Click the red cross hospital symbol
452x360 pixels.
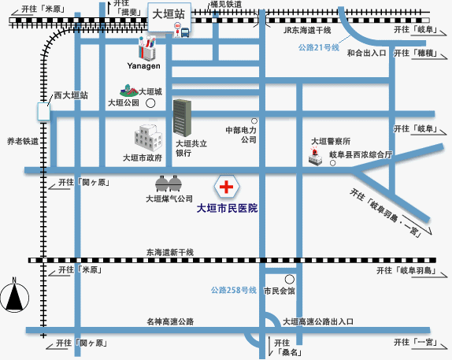coord(226,187)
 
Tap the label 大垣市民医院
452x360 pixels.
coord(227,209)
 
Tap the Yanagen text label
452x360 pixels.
coord(144,66)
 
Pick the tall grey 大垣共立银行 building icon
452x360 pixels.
coord(183,117)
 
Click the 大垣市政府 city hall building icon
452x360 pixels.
coord(146,138)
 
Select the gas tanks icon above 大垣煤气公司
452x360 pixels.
coord(169,184)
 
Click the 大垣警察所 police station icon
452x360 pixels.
coord(315,156)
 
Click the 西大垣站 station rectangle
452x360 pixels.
coord(43,111)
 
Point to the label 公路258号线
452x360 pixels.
coord(234,291)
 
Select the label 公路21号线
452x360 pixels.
coord(318,48)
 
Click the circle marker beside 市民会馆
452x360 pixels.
coord(290,279)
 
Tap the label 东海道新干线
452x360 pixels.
coord(169,251)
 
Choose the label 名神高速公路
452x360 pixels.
coord(170,321)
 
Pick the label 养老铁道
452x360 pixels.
coord(22,142)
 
